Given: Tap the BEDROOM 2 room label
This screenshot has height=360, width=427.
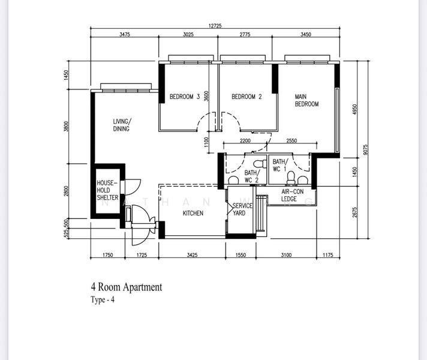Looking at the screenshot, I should click(246, 97).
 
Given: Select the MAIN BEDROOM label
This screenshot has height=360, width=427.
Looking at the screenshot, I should click(306, 100).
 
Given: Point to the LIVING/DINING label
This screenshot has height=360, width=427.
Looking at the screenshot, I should click(122, 125).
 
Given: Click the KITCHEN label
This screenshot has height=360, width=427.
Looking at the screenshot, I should click(193, 213).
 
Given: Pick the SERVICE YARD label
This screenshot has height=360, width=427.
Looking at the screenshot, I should click(242, 209).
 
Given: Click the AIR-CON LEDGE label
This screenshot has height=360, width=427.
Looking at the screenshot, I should click(293, 195).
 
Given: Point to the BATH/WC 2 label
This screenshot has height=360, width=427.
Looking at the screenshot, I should click(251, 176).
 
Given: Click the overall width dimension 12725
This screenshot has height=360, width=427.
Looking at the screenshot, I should click(215, 26).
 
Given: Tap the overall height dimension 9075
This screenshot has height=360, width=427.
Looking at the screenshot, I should click(365, 150).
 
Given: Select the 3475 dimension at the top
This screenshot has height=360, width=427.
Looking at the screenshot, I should click(125, 35).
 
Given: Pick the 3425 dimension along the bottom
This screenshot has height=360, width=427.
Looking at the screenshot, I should click(192, 256).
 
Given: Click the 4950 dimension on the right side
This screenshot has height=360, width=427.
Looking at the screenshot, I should click(354, 109).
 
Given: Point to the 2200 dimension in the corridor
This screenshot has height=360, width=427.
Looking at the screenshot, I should click(245, 140).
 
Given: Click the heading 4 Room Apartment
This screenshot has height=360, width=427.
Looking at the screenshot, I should click(126, 287).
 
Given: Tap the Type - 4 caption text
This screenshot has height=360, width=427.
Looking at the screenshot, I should click(102, 300).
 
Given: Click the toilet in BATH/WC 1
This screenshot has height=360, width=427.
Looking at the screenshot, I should click(291, 178).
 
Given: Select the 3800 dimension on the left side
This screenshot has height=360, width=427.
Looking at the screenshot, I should click(67, 127).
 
